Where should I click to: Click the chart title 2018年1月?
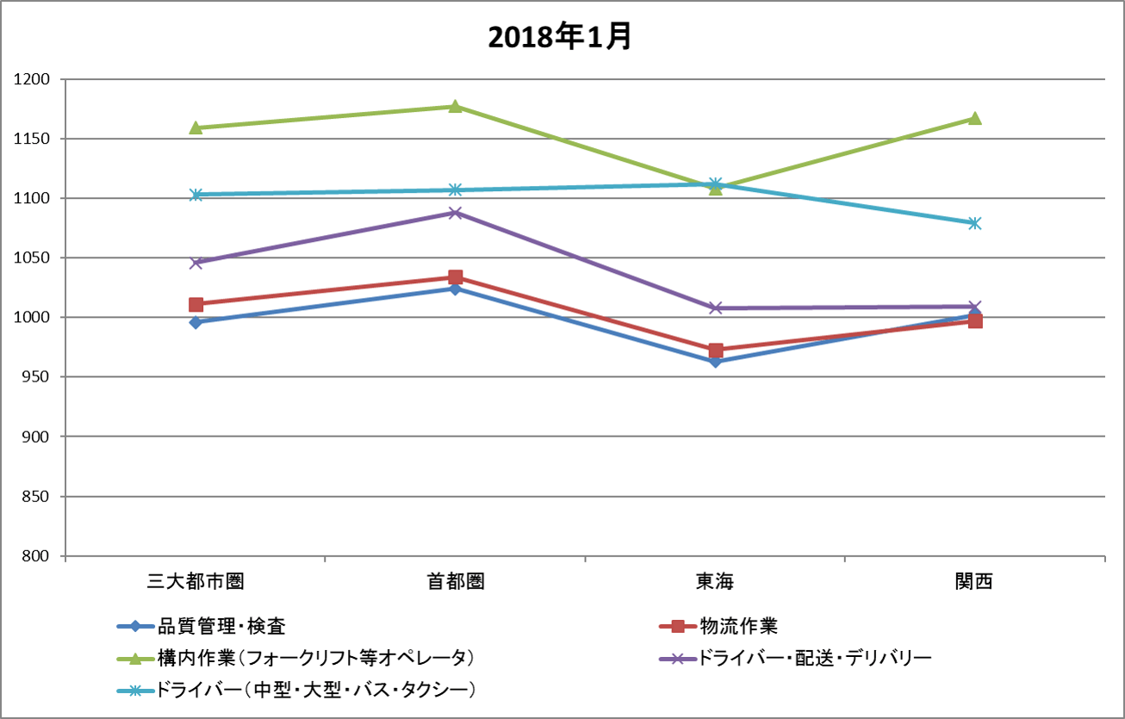coord(560,37)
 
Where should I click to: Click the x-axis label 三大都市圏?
coord(196,582)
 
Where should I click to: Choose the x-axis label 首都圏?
coord(455,582)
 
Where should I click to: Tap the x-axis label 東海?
coord(715,582)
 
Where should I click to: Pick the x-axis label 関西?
coord(974,582)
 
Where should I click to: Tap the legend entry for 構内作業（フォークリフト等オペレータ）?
coord(314,658)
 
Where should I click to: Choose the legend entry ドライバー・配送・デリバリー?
coord(814,658)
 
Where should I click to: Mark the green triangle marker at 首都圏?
coord(455,106)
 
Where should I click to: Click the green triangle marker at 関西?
coord(974,118)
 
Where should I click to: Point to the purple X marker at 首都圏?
coord(455,213)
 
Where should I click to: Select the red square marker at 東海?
coord(715,350)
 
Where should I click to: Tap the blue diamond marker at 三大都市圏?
coord(196,322)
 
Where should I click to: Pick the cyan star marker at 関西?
coord(974,223)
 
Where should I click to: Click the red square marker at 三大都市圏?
coord(196,304)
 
